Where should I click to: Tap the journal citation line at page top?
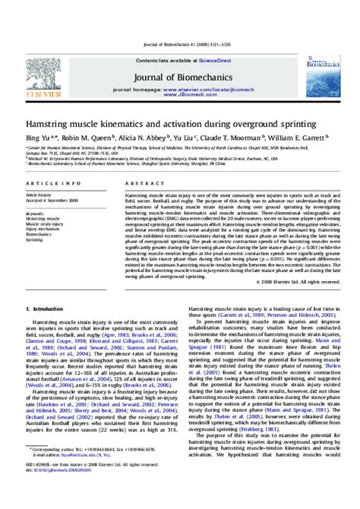[x=180, y=49]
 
